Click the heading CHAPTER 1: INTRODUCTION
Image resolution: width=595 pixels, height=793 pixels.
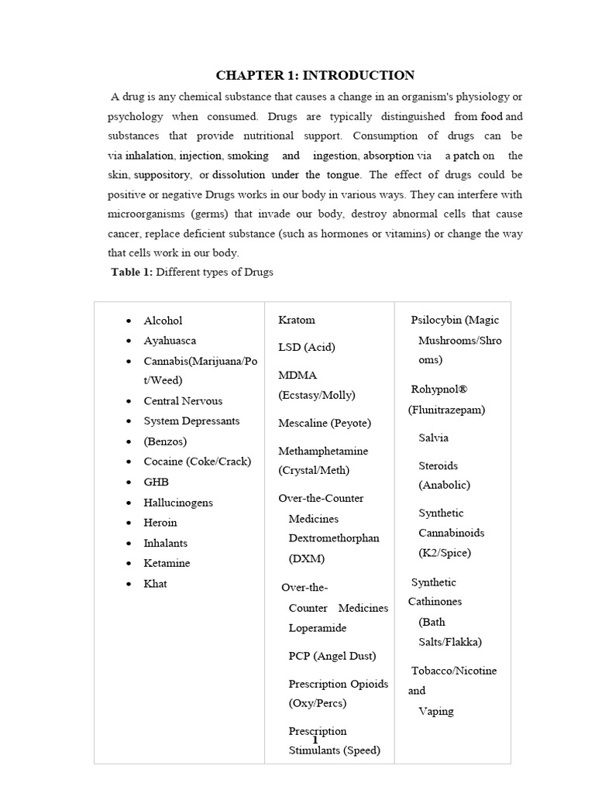315,75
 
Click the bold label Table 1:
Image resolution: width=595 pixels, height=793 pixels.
134,272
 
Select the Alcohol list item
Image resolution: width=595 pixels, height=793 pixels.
163,321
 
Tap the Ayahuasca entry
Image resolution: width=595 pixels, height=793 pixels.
170,341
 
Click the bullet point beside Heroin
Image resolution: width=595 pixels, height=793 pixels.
128,524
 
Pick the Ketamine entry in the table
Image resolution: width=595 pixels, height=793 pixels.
167,563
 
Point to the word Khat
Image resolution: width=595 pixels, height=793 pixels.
155,584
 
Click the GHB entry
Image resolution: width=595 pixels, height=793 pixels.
156,482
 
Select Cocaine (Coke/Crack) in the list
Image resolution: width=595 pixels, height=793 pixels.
197,462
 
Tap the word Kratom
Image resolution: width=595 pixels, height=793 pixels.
297,320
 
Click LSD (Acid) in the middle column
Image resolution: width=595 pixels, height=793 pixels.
307,347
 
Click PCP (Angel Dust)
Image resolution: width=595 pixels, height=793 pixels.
332,656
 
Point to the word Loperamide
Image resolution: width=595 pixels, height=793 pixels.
317,628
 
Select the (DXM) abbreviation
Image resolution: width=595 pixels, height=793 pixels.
307,558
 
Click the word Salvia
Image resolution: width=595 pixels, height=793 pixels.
433,438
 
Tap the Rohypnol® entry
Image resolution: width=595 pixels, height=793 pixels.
439,389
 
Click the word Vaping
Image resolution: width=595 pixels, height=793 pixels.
435,711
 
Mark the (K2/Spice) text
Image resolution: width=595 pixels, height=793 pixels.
444,553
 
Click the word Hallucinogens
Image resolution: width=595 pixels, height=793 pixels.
178,503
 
